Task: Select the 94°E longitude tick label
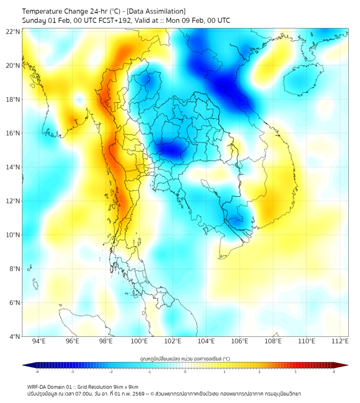pyautogui.click(x=39, y=341)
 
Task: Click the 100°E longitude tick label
pyautogui.click(x=140, y=341)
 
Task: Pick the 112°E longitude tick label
pyautogui.click(x=340, y=341)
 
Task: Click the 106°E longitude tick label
pyautogui.click(x=240, y=341)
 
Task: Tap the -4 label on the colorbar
pyautogui.click(x=37, y=372)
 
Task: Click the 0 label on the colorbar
pyautogui.click(x=185, y=372)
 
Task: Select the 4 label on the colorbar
pyautogui.click(x=333, y=372)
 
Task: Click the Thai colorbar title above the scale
pyautogui.click(x=185, y=358)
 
